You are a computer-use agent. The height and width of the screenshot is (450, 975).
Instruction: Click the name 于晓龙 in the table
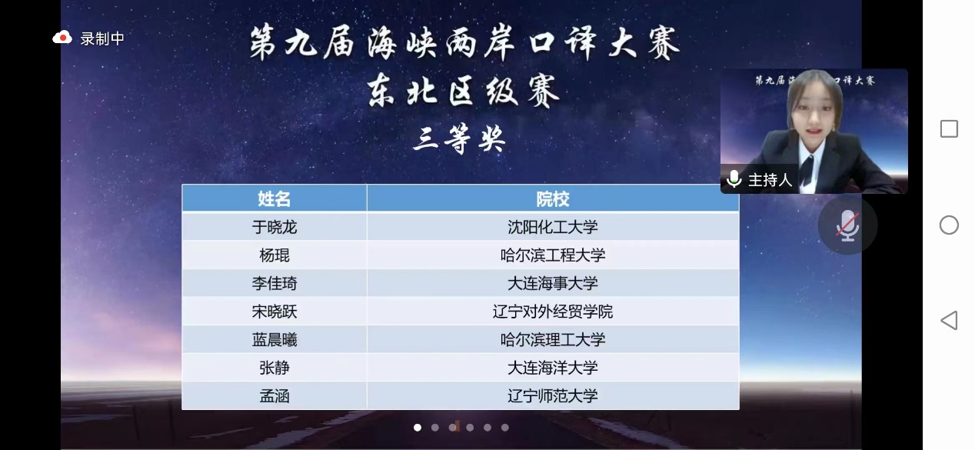click(x=275, y=227)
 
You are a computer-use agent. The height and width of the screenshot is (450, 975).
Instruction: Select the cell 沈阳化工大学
click(x=553, y=227)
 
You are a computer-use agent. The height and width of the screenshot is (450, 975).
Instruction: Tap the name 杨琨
click(x=275, y=255)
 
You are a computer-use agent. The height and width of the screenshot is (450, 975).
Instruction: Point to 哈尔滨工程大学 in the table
click(x=553, y=255)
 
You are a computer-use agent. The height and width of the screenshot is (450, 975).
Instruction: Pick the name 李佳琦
click(x=275, y=284)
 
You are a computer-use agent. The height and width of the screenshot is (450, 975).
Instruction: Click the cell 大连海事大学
click(x=553, y=284)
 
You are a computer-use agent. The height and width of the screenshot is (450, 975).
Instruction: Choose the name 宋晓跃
click(x=275, y=312)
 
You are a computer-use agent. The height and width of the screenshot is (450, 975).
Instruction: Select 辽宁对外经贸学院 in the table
click(x=553, y=312)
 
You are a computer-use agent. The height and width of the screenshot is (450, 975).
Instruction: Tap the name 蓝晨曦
click(x=275, y=340)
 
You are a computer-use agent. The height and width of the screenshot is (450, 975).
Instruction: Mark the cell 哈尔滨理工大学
click(x=553, y=340)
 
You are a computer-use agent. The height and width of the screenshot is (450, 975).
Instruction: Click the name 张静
click(x=275, y=368)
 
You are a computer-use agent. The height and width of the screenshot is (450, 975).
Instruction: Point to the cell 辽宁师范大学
click(x=553, y=396)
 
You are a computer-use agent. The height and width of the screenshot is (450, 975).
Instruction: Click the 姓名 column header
click(x=275, y=198)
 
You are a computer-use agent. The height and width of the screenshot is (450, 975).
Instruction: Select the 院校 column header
click(x=553, y=198)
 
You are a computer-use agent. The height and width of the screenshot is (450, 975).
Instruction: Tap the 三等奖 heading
click(x=459, y=139)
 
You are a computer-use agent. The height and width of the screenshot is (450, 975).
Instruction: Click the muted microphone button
click(x=847, y=225)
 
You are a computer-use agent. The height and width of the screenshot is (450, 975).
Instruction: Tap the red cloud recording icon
click(x=62, y=38)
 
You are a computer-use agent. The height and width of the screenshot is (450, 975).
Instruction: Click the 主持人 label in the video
click(x=770, y=179)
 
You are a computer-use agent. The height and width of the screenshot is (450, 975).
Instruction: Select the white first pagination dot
click(x=418, y=428)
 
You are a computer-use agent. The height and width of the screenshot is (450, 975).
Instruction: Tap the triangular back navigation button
click(x=950, y=320)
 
